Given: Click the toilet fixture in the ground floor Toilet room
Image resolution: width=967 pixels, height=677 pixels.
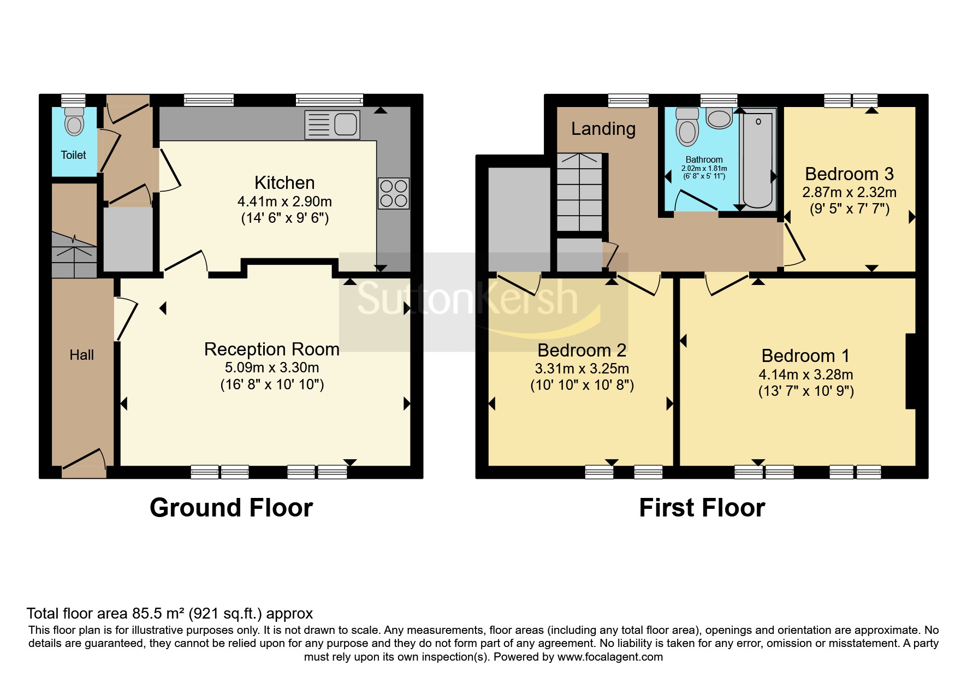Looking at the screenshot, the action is [x=74, y=121].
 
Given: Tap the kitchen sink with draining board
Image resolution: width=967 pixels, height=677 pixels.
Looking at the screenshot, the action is [x=332, y=124].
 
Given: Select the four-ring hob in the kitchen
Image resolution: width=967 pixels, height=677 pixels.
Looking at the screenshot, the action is [x=394, y=193].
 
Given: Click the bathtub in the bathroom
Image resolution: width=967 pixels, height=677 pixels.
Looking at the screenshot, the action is [x=757, y=161].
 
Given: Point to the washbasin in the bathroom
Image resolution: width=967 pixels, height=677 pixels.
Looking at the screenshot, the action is [x=719, y=117].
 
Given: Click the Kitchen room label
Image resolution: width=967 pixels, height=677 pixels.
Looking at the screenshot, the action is [x=284, y=182].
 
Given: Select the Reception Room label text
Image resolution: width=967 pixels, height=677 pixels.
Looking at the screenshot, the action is [x=271, y=349].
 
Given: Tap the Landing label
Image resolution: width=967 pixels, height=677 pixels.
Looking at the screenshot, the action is [x=603, y=129].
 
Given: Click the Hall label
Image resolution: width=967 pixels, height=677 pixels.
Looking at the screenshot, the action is [x=82, y=355].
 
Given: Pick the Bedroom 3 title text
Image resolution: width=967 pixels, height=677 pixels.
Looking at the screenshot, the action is [x=849, y=174].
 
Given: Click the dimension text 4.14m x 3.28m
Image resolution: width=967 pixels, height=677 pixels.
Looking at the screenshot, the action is [x=806, y=375].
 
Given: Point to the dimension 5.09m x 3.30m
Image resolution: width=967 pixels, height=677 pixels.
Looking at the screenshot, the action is [x=272, y=367].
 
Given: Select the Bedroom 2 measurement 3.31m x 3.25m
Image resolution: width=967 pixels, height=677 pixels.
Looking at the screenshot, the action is [x=582, y=369].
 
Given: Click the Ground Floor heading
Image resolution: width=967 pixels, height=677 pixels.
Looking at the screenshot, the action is [x=231, y=508].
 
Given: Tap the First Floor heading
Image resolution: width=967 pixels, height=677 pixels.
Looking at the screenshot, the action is [x=702, y=508].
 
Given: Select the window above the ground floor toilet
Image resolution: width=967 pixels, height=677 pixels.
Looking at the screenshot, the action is [x=73, y=100].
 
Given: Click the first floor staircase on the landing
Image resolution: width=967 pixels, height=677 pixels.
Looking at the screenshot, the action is [x=579, y=192].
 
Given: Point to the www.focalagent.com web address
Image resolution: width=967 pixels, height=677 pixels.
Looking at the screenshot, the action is [x=610, y=657].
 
